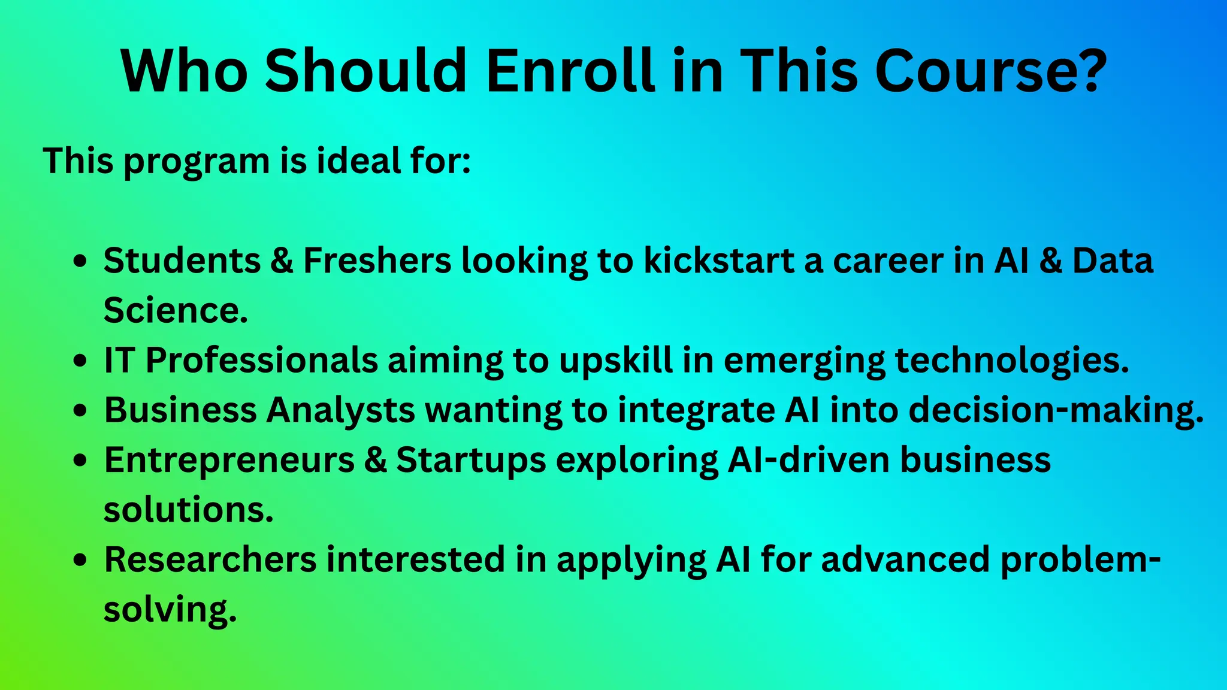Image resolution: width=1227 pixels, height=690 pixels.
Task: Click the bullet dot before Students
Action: tap(80, 262)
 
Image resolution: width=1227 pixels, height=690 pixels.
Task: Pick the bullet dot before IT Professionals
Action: tap(80, 361)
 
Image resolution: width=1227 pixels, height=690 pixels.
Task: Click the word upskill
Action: tap(616, 361)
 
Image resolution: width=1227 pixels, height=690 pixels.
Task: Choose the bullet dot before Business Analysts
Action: tap(80, 411)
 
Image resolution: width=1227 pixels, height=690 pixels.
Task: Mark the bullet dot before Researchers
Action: tap(80, 561)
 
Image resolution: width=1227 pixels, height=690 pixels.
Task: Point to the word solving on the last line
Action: tap(170, 610)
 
